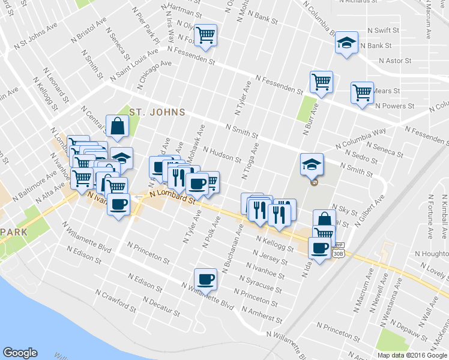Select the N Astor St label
click(x=395, y=61)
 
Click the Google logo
click(x=20, y=353)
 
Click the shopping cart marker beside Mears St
click(x=362, y=93)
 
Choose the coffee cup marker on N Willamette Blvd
click(x=205, y=278)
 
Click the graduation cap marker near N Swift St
click(x=346, y=42)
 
